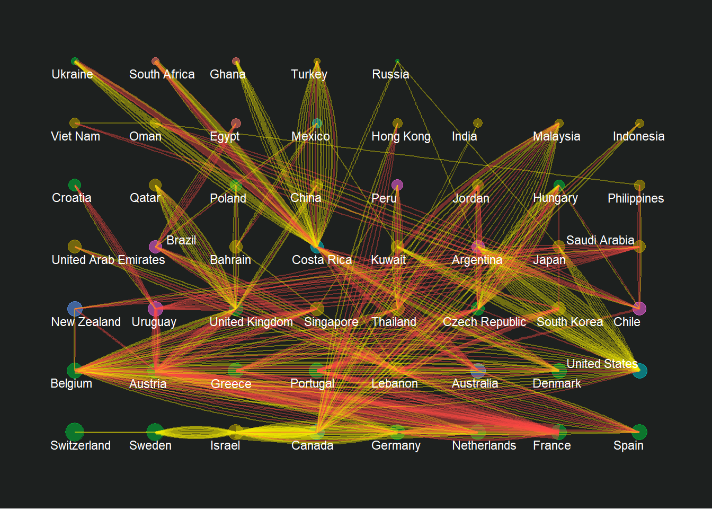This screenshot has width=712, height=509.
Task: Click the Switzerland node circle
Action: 75,432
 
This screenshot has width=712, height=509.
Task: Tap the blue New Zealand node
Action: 75,309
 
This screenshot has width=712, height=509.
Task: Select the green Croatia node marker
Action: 75,185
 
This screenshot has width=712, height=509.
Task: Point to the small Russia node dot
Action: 397,62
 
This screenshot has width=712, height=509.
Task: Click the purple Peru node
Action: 397,185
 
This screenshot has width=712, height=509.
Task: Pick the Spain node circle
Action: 639,432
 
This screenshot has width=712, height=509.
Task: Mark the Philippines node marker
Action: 639,185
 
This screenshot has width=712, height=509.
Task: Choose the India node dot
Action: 478,123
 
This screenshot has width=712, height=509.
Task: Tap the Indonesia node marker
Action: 639,123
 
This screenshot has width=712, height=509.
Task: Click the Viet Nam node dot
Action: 75,123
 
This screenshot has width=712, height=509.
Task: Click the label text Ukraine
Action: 72,74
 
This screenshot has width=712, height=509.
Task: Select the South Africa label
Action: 162,74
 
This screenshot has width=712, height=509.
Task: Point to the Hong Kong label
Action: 401,136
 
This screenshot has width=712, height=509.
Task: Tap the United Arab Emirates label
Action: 108,260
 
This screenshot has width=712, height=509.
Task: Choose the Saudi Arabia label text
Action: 600,240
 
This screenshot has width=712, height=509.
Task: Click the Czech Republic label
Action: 484,322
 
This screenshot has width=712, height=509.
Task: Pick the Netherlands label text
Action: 484,445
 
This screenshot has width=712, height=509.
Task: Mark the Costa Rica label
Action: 322,260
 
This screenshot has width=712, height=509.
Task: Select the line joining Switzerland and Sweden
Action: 114,432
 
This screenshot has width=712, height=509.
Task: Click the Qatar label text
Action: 145,198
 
